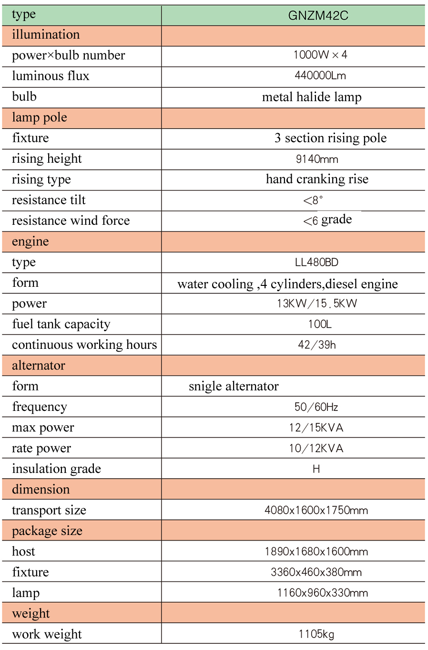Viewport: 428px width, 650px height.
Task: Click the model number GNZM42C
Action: pos(318,16)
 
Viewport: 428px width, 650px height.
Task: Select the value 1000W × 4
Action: pos(320,55)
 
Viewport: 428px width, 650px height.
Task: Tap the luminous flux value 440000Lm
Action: pos(320,76)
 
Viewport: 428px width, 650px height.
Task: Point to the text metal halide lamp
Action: pos(312,97)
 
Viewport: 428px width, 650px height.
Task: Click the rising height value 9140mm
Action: pos(317,159)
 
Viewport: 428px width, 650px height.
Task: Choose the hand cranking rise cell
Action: pos(317,179)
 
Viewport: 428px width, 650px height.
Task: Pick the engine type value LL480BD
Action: pos(316,262)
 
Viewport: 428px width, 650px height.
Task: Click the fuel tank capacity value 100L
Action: pos(319,325)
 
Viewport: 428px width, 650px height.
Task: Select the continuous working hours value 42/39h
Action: pos(316,345)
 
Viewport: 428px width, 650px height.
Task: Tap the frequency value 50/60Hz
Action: pos(316,407)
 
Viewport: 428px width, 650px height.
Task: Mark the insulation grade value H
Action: pos(316,469)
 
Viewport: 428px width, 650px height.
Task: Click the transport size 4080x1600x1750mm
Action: pos(316,511)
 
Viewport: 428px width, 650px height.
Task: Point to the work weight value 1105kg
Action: pos(316,634)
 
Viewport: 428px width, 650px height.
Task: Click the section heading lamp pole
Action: pos(40,117)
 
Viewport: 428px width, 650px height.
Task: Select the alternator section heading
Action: pos(39,366)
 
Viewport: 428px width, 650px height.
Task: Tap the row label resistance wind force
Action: pos(71,220)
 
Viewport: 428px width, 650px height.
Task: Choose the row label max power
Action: pos(43,428)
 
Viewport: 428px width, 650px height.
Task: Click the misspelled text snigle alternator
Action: pos(234,386)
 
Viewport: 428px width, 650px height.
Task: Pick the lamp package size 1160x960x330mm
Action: pos(322,593)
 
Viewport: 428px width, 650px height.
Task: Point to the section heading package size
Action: pos(47,531)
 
